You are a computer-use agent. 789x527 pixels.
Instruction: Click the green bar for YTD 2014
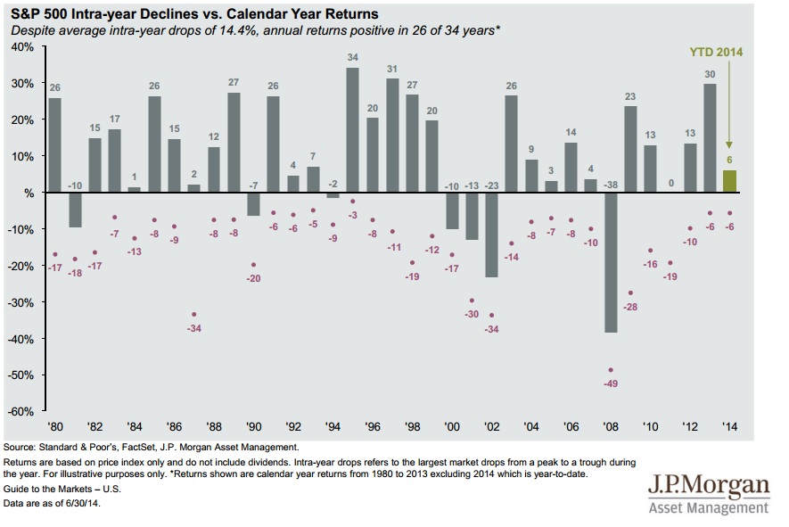point(728,181)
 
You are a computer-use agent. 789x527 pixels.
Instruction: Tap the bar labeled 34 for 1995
point(353,130)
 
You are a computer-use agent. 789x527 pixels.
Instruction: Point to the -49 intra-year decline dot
point(612,370)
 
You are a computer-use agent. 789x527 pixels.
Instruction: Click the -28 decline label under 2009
point(631,307)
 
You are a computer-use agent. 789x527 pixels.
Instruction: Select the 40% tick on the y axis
point(21,46)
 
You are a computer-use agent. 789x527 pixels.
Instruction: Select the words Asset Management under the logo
point(710,508)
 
